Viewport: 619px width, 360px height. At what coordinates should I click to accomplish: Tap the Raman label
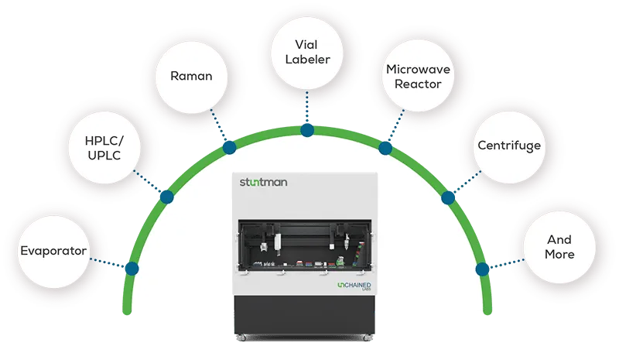click(x=191, y=76)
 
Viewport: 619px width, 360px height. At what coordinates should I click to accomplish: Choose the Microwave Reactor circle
click(x=418, y=76)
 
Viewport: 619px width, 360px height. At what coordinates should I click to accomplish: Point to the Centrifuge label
click(x=508, y=145)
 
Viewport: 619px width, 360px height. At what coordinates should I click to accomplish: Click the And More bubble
click(x=559, y=247)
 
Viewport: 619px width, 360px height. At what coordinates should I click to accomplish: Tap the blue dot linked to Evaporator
click(x=132, y=269)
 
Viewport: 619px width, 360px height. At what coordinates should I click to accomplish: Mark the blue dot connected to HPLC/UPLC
click(x=166, y=197)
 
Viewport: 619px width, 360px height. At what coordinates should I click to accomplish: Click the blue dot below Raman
click(x=229, y=148)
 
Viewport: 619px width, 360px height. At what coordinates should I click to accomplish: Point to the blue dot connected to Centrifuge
click(x=448, y=197)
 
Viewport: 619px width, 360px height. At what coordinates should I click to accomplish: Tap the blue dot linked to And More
click(x=482, y=269)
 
